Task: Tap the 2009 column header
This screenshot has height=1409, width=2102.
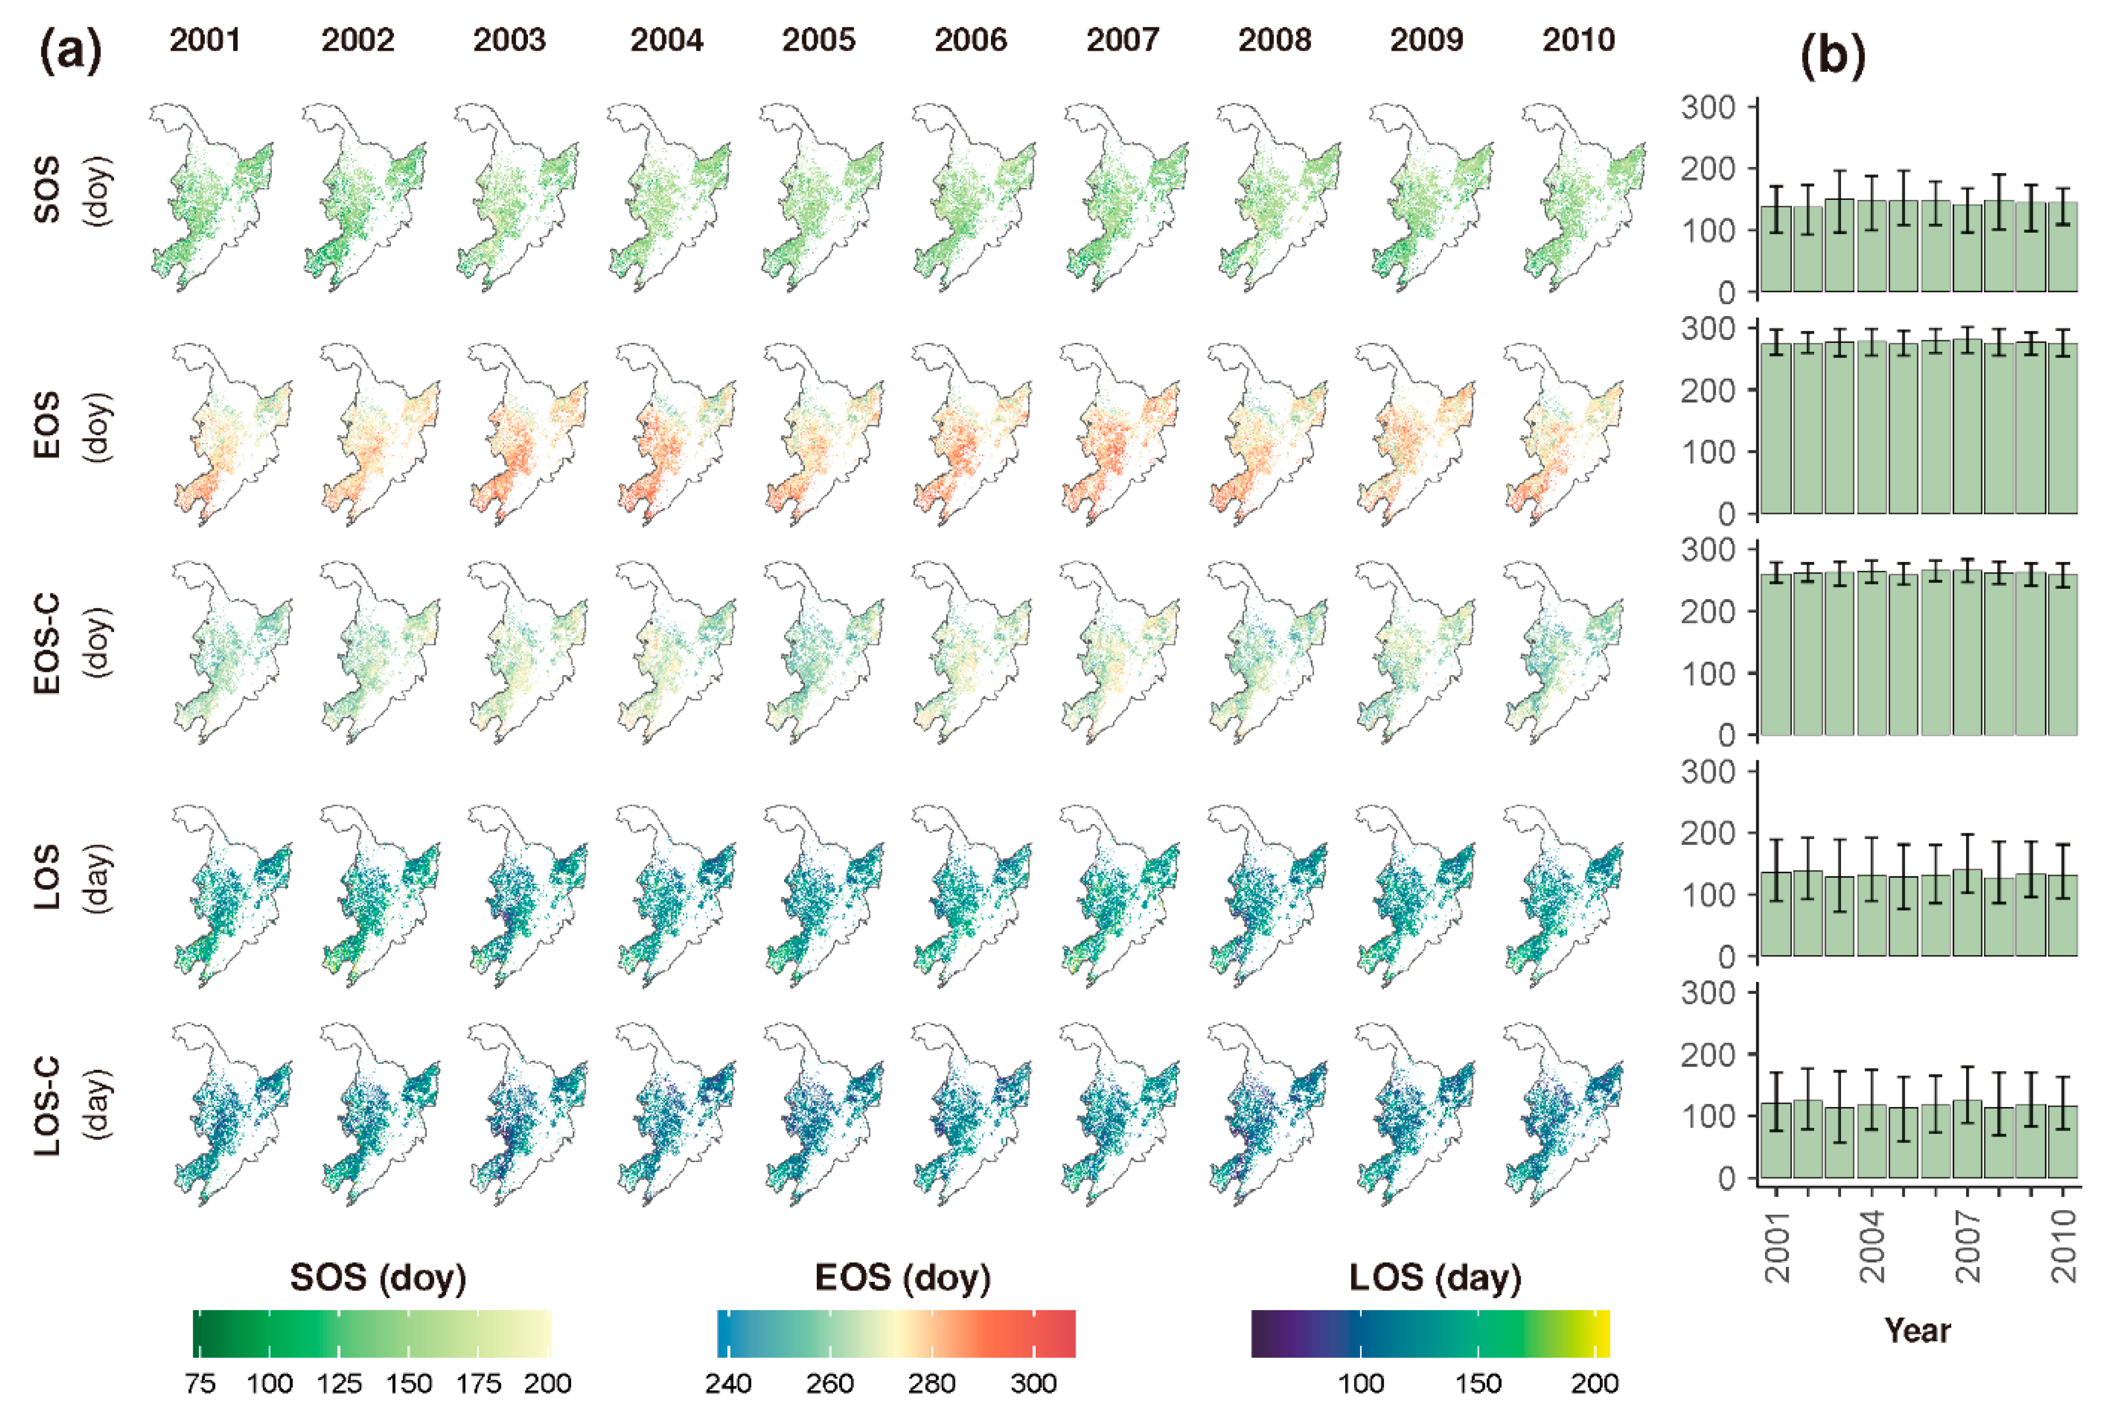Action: click(x=1427, y=40)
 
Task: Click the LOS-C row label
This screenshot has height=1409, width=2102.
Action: click(x=47, y=1105)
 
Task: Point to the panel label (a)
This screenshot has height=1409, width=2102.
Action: click(x=70, y=52)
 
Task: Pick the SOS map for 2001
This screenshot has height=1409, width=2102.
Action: click(x=211, y=198)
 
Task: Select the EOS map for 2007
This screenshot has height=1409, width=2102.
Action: click(x=1118, y=436)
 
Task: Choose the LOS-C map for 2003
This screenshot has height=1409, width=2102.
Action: click(x=525, y=1114)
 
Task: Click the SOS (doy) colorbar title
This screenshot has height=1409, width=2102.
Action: click(x=378, y=1277)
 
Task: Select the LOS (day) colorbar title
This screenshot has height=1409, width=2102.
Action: click(x=1435, y=1277)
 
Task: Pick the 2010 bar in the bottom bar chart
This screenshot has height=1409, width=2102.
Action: click(x=2063, y=1141)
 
